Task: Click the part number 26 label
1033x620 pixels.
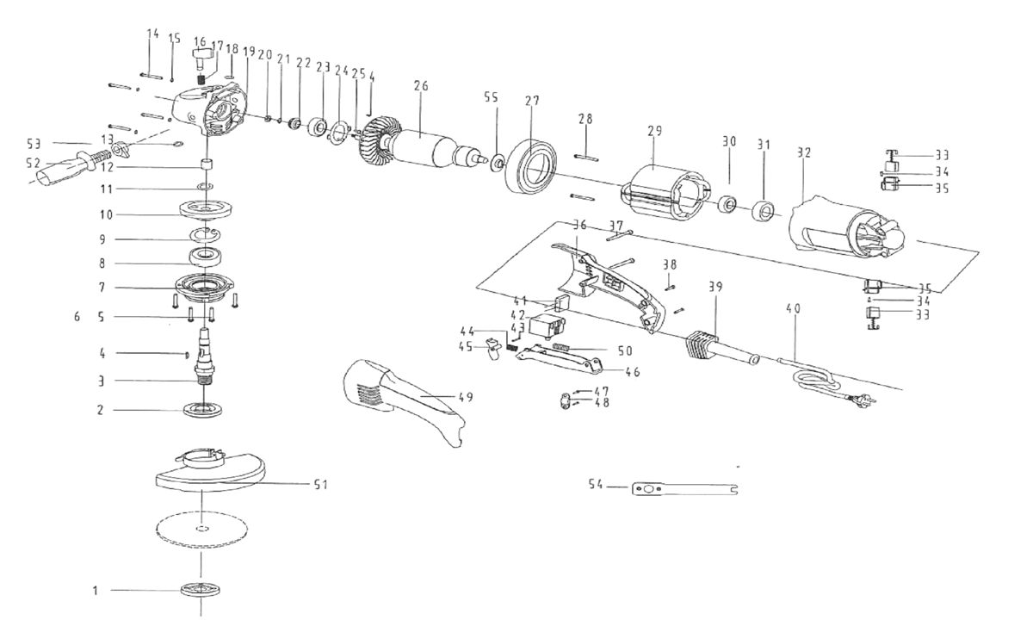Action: [x=420, y=85]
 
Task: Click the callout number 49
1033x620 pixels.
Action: [x=466, y=397]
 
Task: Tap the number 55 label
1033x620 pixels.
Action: [x=490, y=98]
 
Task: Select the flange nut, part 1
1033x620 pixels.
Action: [x=201, y=590]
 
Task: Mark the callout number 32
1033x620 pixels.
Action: [x=804, y=152]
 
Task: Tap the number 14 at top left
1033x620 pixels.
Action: [x=152, y=34]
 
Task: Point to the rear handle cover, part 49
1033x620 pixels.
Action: [x=405, y=399]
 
